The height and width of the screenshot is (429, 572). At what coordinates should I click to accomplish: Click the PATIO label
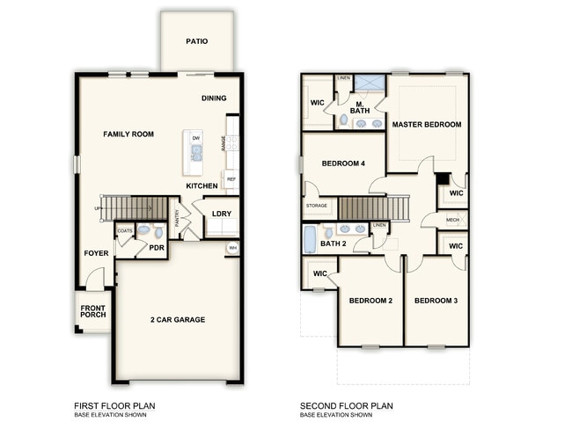click(x=196, y=41)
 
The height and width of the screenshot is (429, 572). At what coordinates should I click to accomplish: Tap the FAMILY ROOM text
click(x=128, y=134)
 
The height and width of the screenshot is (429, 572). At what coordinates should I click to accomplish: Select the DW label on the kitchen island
click(x=195, y=138)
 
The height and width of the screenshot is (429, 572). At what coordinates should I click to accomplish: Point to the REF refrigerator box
click(x=231, y=179)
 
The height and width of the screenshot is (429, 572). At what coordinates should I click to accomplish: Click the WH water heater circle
click(x=233, y=249)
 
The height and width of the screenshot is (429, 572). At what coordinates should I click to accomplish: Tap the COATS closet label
click(x=125, y=231)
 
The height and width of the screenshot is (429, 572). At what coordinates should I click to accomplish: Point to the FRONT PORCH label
click(x=93, y=312)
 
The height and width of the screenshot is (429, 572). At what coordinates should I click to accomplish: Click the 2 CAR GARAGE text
click(x=178, y=319)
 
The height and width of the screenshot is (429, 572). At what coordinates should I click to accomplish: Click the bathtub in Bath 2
click(x=310, y=239)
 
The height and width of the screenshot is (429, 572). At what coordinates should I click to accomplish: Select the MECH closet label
click(x=453, y=220)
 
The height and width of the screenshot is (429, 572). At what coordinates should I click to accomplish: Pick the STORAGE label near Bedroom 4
click(x=317, y=206)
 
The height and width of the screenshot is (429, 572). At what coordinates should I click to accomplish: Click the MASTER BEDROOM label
click(x=427, y=124)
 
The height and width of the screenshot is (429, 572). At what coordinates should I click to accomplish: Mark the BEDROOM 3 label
click(x=436, y=301)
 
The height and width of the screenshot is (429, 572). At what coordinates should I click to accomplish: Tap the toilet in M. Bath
click(x=343, y=119)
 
